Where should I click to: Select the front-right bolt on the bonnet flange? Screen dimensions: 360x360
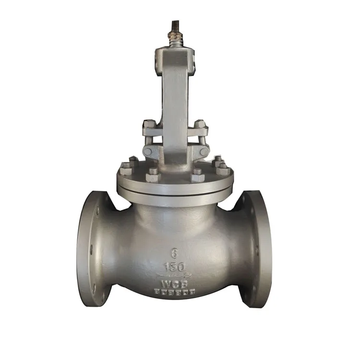pyautogui.click(x=198, y=175)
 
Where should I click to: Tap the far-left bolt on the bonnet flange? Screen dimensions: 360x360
pyautogui.click(x=126, y=168)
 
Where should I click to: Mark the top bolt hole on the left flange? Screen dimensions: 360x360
pyautogui.click(x=98, y=210)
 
